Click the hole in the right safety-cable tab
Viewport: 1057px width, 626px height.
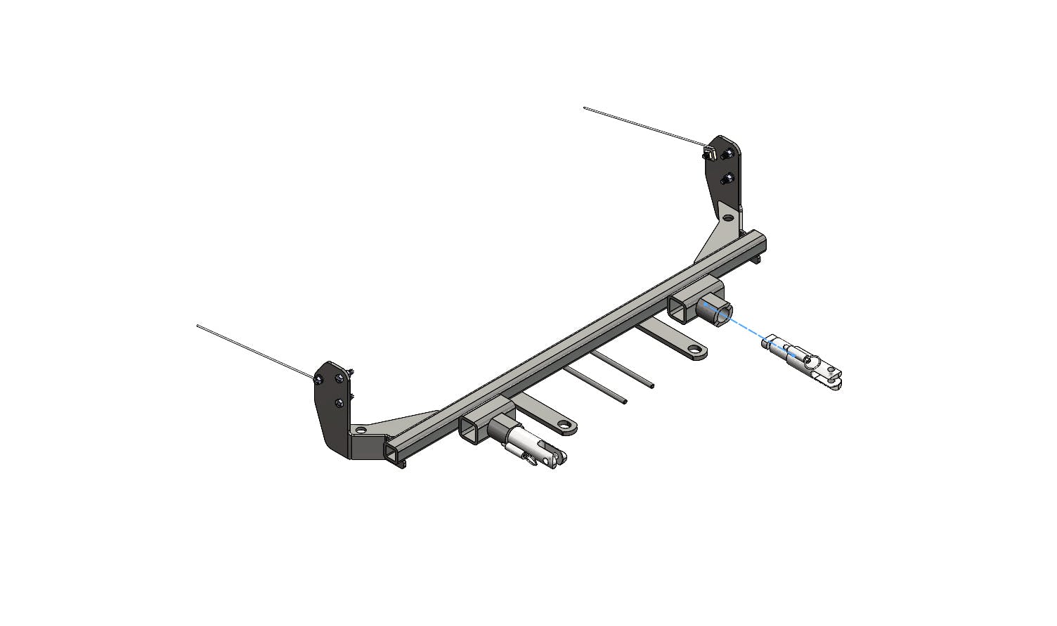coord(694,350)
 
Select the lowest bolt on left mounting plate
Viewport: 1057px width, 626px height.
coord(340,402)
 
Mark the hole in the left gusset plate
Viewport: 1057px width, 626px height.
coord(361,429)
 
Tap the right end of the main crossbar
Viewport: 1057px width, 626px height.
coord(760,243)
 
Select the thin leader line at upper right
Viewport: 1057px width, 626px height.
coord(643,127)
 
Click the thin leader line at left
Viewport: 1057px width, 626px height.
coord(253,352)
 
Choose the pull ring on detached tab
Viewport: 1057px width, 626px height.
coord(812,363)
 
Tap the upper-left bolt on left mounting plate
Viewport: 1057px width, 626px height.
coord(319,380)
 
